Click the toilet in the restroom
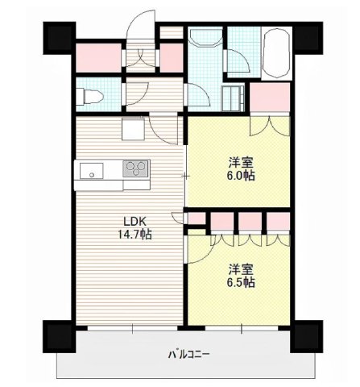(89, 97)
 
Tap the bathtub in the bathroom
(277, 53)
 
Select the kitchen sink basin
(91, 171)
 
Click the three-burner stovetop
(135, 169)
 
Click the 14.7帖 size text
(134, 235)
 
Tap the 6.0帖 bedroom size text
(241, 176)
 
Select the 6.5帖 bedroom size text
(241, 282)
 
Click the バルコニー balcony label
(188, 355)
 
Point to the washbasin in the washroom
(206, 37)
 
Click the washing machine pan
(233, 98)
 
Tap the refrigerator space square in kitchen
(134, 129)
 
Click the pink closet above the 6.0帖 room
(270, 98)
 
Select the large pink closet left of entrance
(98, 58)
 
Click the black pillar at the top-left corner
(59, 38)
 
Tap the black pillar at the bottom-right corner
(307, 336)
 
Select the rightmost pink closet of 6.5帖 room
(278, 221)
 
